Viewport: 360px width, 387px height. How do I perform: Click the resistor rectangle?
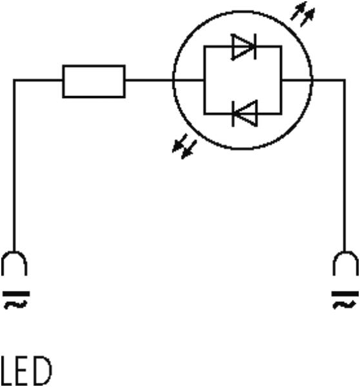click(x=94, y=66)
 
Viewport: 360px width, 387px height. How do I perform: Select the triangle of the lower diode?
click(x=246, y=114)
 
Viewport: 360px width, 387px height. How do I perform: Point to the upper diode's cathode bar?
click(x=255, y=46)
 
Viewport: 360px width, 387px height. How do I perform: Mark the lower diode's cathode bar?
click(x=234, y=114)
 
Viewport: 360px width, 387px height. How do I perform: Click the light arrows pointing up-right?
click(x=303, y=14)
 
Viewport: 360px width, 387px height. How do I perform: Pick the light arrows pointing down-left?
click(x=185, y=146)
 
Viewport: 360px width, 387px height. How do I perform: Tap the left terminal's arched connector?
click(x=14, y=252)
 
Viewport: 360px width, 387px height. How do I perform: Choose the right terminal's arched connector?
click(x=345, y=252)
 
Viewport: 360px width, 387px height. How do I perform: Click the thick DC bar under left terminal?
click(x=16, y=293)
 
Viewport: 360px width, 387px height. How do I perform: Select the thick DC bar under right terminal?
click(x=345, y=293)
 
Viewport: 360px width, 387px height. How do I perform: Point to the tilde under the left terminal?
click(x=15, y=305)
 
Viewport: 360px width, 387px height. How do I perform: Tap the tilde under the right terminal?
click(x=345, y=305)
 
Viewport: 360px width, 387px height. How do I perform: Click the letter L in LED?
click(x=6, y=370)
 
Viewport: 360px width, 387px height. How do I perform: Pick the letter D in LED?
click(x=42, y=370)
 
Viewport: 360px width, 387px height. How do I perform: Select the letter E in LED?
click(x=22, y=370)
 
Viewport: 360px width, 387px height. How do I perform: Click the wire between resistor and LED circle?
click(x=150, y=80)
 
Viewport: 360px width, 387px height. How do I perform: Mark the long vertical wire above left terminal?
click(x=14, y=165)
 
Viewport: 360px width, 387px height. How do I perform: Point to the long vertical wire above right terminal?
click(x=345, y=165)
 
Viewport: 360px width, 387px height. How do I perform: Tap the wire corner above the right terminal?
click(x=345, y=80)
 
